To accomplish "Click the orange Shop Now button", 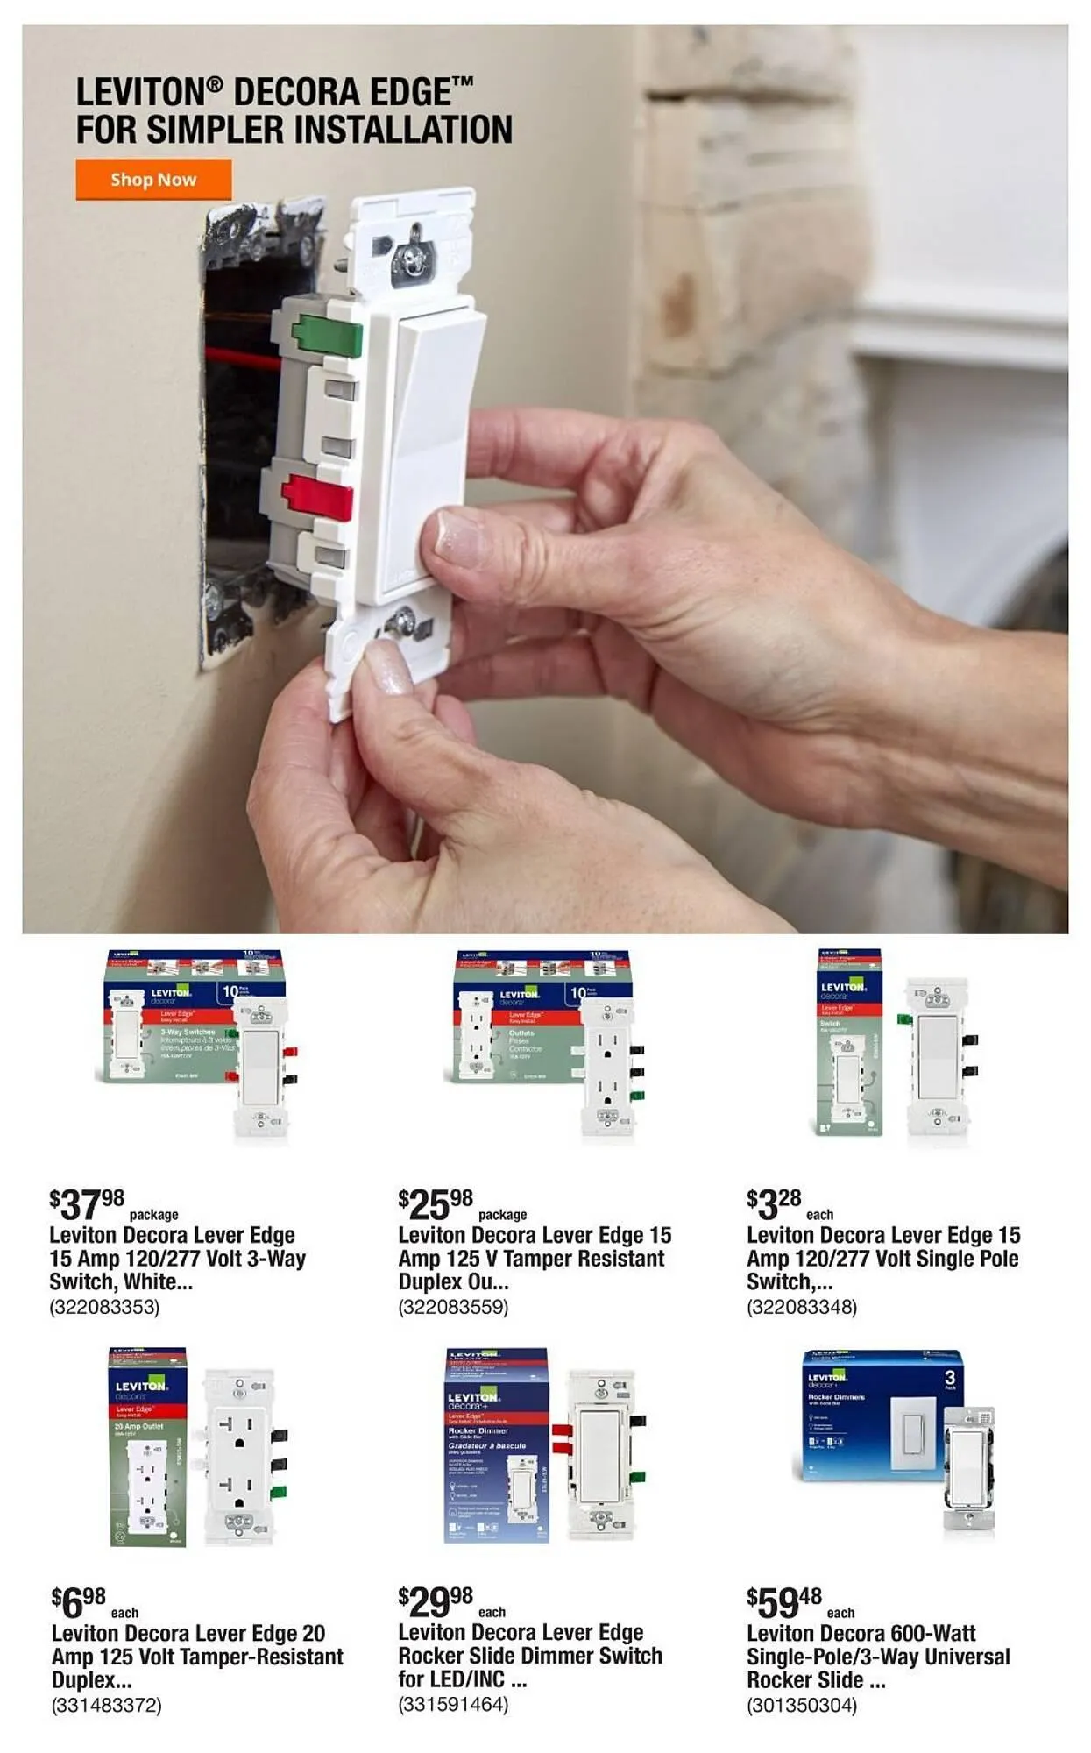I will pos(153,180).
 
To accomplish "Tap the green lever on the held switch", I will pos(326,337).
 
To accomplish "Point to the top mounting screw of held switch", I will pos(410,258).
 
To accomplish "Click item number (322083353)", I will pos(104,1307).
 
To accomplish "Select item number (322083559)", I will pos(453,1307).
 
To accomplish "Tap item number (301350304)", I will pos(802,1705).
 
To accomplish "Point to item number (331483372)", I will pos(107,1705).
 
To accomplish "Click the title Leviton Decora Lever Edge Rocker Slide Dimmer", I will pos(529,1656).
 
